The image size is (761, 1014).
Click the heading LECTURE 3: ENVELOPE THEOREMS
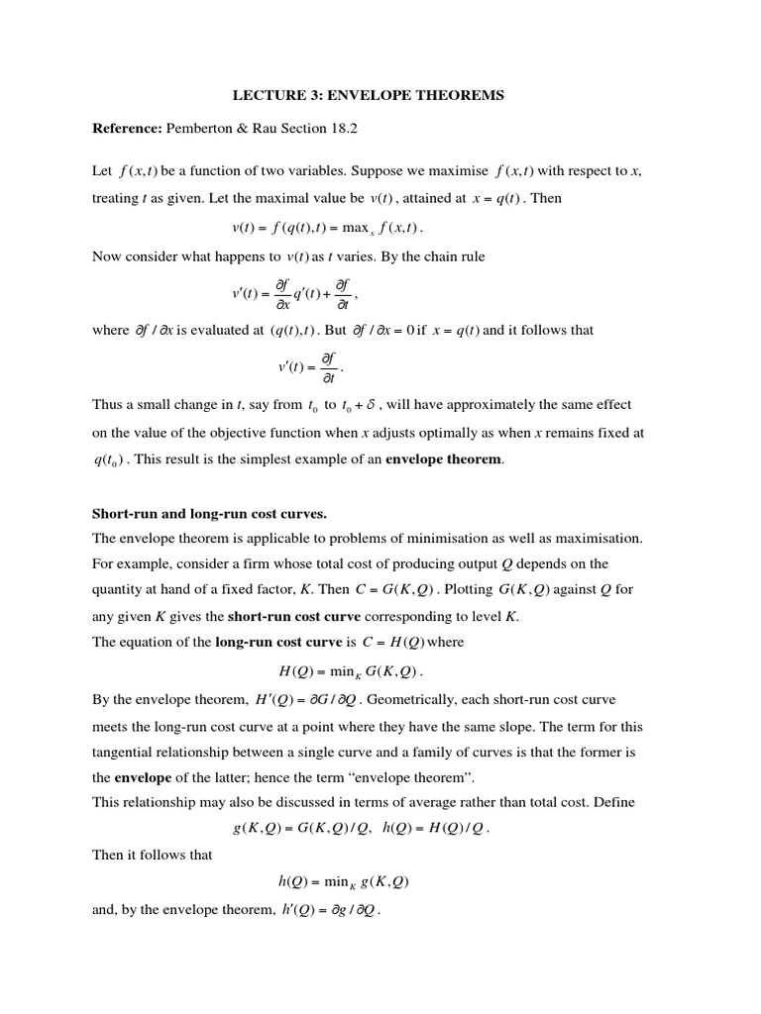pyautogui.click(x=368, y=95)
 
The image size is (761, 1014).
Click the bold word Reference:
pyautogui.click(x=126, y=128)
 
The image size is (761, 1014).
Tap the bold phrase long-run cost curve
pyautogui.click(x=271, y=641)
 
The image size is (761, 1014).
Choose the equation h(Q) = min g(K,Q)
pyautogui.click(x=344, y=880)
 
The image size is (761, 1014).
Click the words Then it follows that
pyautogui.click(x=153, y=854)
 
